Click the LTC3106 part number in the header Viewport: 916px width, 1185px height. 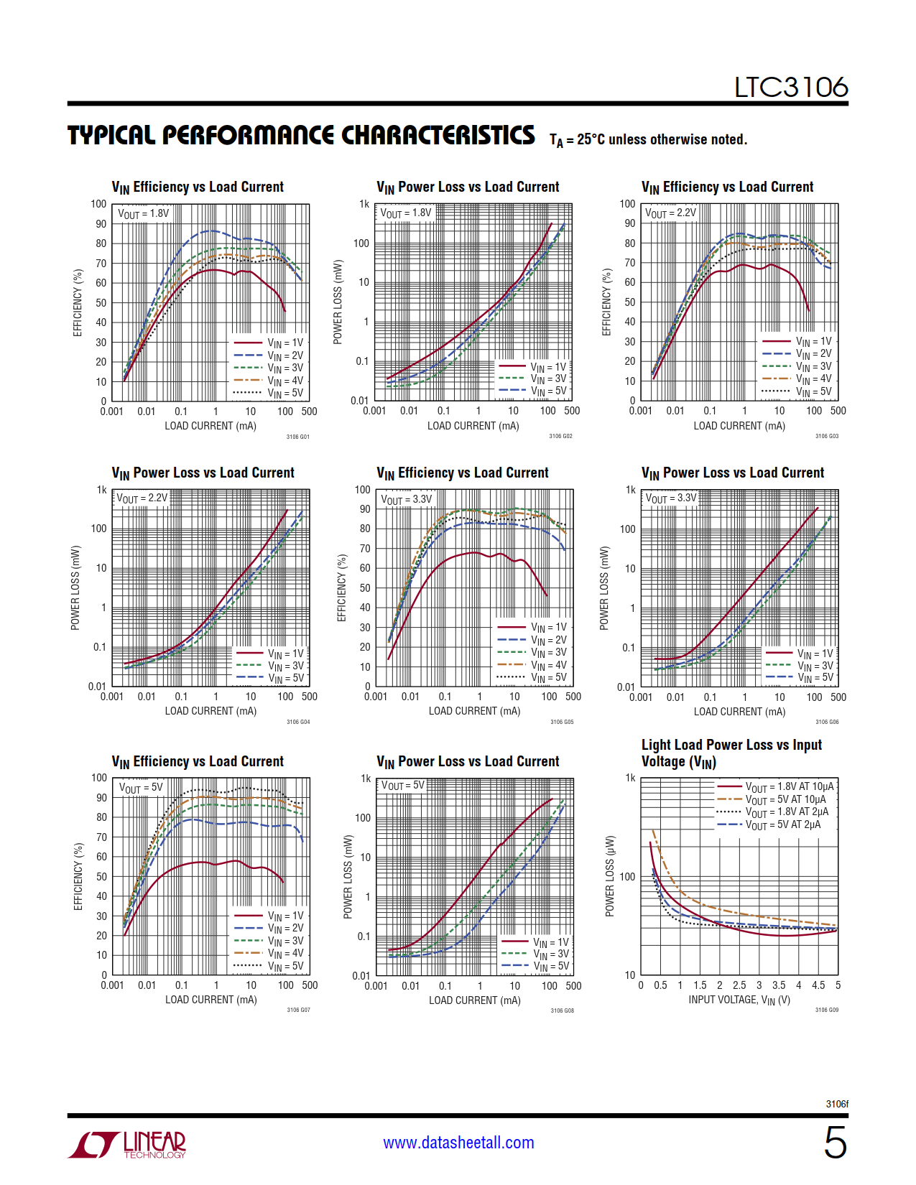tap(790, 88)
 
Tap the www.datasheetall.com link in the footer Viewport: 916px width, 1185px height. tap(458, 1143)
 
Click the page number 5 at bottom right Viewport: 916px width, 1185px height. tap(835, 1142)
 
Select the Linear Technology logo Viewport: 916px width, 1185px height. tap(127, 1144)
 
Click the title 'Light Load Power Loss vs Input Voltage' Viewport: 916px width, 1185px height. tap(731, 753)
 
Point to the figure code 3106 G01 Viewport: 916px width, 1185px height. tap(297, 437)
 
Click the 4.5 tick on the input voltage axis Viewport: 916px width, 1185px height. tap(818, 985)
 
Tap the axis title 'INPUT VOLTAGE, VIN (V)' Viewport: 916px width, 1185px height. tap(739, 1000)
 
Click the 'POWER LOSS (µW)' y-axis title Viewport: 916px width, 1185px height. tap(610, 876)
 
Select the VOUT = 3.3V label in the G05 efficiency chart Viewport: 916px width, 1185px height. tap(407, 499)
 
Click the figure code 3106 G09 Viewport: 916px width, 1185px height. tap(826, 1010)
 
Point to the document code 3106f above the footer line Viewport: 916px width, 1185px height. tap(837, 1104)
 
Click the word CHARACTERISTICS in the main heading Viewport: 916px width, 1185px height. tap(438, 135)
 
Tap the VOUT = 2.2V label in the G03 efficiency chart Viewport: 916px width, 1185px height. tap(670, 213)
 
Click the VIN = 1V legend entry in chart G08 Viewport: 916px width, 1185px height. tap(550, 942)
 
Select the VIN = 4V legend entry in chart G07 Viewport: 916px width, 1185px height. tap(285, 953)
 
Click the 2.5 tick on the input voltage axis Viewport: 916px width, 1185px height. tap(739, 985)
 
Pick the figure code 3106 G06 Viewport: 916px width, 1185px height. tap(827, 722)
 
